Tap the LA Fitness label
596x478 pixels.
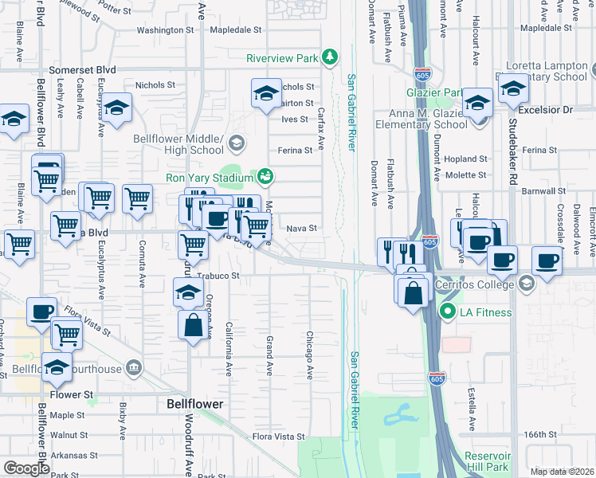tap(486, 312)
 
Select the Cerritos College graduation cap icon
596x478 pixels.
tap(526, 284)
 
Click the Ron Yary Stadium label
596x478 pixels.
tap(209, 177)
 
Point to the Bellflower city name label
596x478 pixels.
tap(195, 404)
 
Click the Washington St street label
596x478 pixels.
tap(166, 30)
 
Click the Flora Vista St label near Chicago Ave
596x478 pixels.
tap(278, 437)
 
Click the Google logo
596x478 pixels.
tap(26, 468)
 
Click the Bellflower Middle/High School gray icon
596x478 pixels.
tap(236, 143)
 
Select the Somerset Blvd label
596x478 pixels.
tap(76, 70)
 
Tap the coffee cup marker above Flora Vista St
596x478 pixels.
tap(41, 312)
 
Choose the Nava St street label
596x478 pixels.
tap(301, 229)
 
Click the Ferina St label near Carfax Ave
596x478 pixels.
tap(293, 150)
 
